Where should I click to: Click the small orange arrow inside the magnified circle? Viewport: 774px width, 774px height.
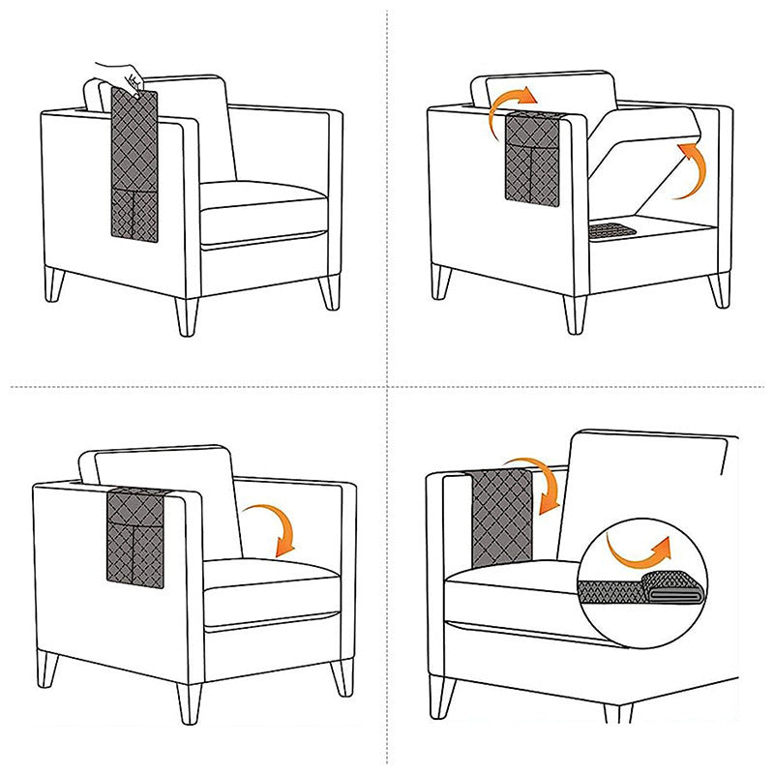[x=638, y=551]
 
